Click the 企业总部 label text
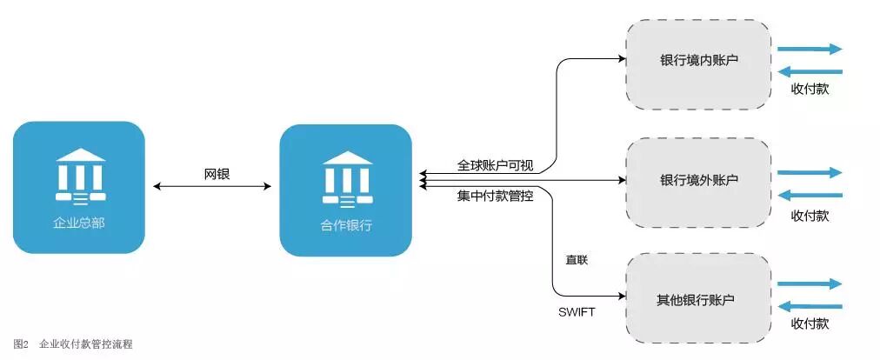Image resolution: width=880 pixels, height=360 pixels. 79,223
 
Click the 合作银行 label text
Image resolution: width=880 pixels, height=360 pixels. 345,225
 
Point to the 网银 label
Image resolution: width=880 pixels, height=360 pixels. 212,174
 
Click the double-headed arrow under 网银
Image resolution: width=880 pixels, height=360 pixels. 212,186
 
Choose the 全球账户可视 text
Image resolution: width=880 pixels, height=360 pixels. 495,164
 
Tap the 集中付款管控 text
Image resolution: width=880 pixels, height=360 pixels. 496,197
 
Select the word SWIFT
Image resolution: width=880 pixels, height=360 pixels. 577,312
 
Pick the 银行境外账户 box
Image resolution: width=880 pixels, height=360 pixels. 698,181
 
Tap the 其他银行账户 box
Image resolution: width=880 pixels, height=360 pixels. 698,300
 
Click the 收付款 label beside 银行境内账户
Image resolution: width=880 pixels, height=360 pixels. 810,89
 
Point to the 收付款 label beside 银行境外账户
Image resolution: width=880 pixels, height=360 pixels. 810,215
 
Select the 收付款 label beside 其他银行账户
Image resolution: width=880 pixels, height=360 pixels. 810,323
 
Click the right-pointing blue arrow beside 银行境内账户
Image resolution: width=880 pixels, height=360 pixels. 810,50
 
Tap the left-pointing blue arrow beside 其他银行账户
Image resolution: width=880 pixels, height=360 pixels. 810,305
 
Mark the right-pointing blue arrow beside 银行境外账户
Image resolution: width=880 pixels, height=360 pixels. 810,173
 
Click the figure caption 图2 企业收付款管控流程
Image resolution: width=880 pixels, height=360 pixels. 73,344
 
